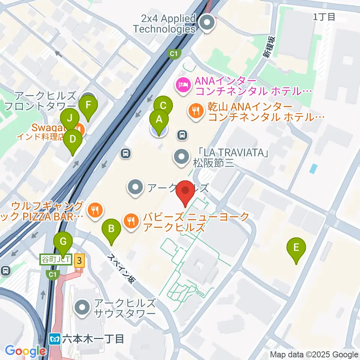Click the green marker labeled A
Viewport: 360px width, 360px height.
(159, 120)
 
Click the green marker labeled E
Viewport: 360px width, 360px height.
(296, 247)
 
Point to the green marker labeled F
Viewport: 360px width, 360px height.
(88, 105)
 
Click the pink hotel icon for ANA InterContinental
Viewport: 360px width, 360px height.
(183, 85)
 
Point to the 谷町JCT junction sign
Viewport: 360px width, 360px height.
(55, 259)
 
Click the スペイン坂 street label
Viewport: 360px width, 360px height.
(121, 268)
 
